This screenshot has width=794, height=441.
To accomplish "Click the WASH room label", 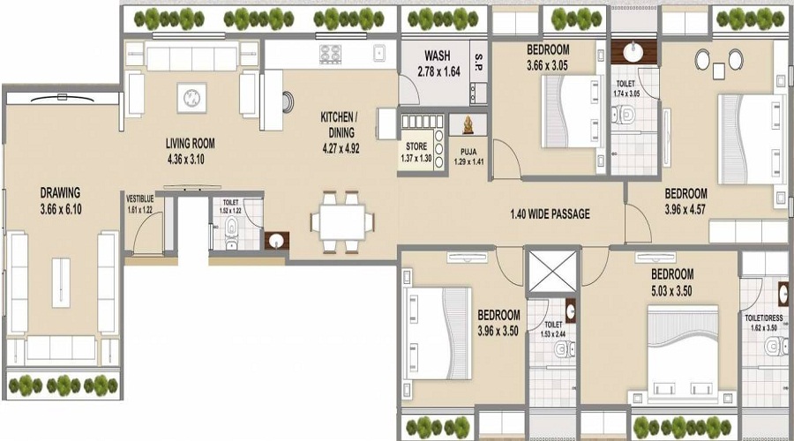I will click(438, 55).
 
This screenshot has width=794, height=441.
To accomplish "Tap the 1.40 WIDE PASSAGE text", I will click(550, 213).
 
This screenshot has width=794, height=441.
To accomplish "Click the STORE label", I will click(417, 146).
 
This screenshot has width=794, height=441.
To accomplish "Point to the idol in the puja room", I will click(465, 124).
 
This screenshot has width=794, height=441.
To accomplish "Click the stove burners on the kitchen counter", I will click(332, 55).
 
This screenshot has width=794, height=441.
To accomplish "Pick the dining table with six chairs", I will click(339, 220).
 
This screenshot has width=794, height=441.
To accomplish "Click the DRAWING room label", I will click(60, 192).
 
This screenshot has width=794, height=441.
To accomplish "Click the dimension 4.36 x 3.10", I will click(191, 159).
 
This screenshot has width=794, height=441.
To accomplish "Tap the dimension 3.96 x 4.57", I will click(685, 209).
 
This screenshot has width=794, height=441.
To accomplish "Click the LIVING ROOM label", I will click(191, 143).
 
